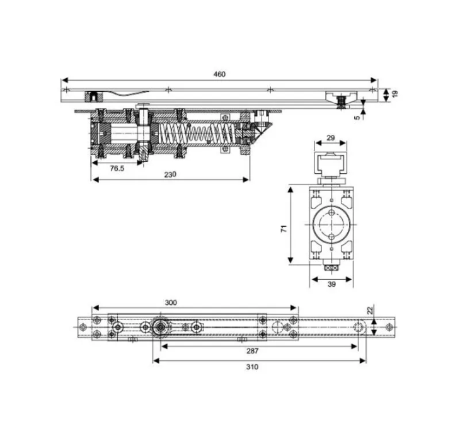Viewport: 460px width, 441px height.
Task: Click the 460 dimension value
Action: tap(219, 74)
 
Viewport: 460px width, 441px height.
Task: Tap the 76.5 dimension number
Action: tap(117, 168)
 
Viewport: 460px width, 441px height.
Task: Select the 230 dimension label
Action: tap(170, 175)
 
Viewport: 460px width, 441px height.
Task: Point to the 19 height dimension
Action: tap(395, 94)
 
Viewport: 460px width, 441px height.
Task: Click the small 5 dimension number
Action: tap(357, 118)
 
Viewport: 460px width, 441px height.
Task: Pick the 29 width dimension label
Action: tap(331, 138)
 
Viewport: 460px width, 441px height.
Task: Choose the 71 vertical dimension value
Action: tap(284, 229)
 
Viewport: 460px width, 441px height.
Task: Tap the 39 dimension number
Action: tap(331, 284)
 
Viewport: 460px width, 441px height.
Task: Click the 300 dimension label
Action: tap(171, 302)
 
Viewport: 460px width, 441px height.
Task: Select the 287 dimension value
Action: tap(252, 351)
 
